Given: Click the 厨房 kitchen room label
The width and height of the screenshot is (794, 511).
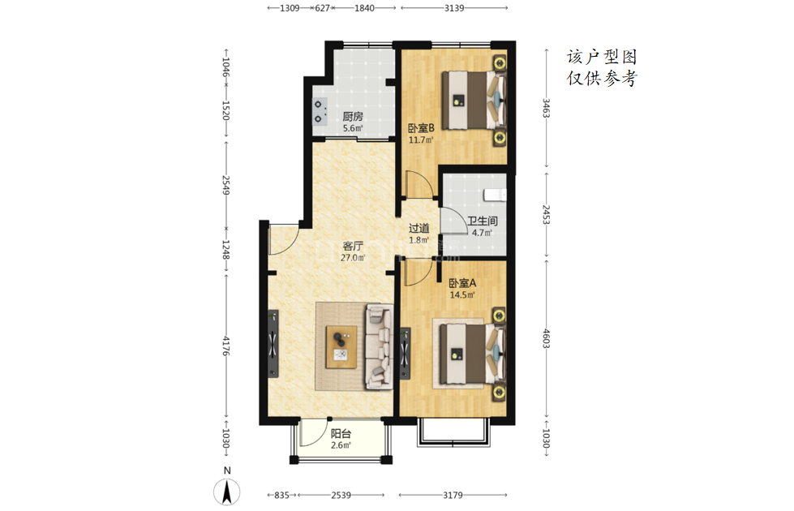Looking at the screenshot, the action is click(x=353, y=117).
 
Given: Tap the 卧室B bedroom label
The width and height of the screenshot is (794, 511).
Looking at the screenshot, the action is click(x=421, y=128).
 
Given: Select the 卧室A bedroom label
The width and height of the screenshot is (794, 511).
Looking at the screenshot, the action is click(x=462, y=283).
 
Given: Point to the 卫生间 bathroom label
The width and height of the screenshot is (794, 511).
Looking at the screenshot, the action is click(x=482, y=221).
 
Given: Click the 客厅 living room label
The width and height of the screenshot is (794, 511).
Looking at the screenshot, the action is click(x=353, y=246).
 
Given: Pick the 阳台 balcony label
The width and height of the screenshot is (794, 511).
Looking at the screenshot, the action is click(x=341, y=434).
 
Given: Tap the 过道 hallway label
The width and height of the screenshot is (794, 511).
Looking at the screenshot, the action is click(x=418, y=229).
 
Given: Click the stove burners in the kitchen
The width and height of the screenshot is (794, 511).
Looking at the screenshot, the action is click(x=320, y=112).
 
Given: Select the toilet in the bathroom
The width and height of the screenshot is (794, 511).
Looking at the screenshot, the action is click(x=496, y=195).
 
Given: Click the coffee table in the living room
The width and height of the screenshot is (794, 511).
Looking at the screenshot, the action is click(x=341, y=347).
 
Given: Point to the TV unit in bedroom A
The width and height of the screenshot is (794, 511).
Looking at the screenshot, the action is click(x=405, y=354).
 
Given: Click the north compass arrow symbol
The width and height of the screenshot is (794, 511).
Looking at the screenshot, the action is click(x=227, y=492).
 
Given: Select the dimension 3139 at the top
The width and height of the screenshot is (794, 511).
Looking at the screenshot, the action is click(x=454, y=8).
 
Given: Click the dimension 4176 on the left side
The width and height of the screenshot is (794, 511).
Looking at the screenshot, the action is click(x=225, y=346).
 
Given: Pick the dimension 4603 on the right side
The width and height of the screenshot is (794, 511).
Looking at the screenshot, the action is click(x=546, y=338).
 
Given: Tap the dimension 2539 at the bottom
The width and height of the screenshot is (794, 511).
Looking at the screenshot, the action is click(x=341, y=495).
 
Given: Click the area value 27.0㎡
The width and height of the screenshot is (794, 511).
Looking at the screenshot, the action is click(x=353, y=258).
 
